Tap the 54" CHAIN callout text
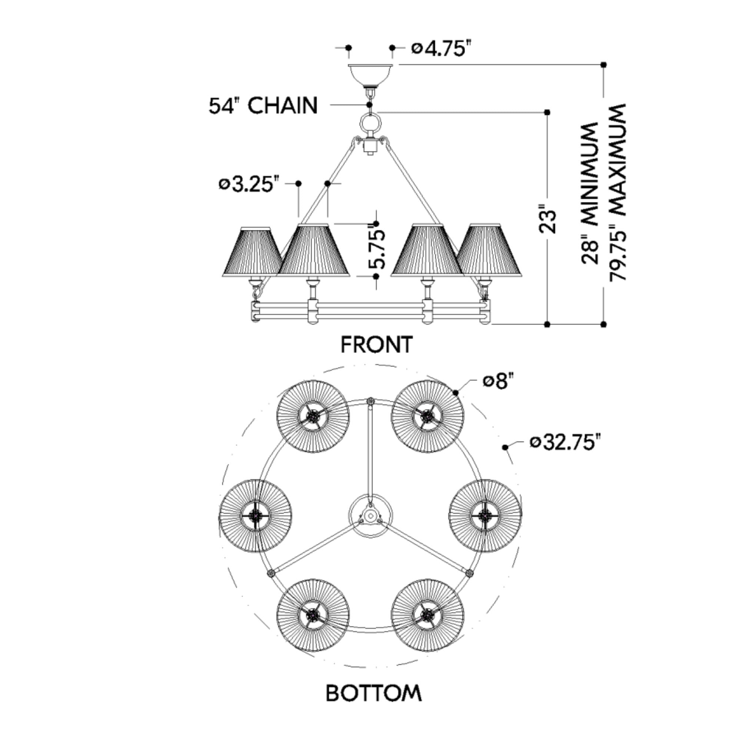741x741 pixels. pyautogui.click(x=263, y=106)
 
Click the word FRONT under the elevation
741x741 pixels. pyautogui.click(x=377, y=344)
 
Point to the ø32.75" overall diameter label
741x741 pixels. pyautogui.click(x=564, y=442)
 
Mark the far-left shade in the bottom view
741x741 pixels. pyautogui.click(x=255, y=515)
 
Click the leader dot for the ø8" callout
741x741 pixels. pyautogui.click(x=456, y=392)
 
